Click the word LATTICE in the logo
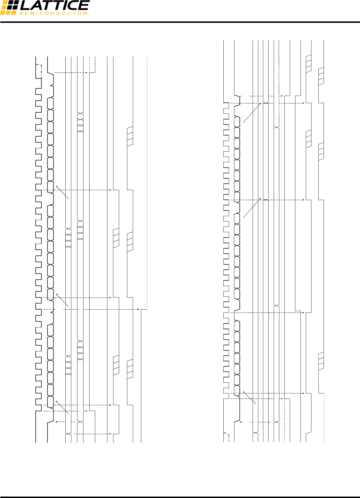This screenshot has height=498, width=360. pos(54,6)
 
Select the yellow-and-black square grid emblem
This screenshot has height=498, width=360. pos(9,7)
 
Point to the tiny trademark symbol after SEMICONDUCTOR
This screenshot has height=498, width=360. pos(88,14)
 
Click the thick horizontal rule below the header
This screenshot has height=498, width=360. pos(180,22)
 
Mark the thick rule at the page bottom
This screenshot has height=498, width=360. pos(180,497)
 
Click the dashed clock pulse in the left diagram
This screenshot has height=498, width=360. pos(39,70)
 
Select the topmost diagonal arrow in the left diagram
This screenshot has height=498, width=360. pos(62,192)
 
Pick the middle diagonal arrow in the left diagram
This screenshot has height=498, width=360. pos(63,300)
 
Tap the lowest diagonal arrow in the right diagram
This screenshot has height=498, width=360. pos(249,397)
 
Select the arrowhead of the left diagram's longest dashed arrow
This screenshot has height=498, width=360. pos(138,309)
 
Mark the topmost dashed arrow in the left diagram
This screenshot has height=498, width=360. pos(71,72)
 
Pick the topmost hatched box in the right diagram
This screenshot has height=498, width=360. pos(309,64)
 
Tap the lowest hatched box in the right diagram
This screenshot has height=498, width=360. pos(321,361)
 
